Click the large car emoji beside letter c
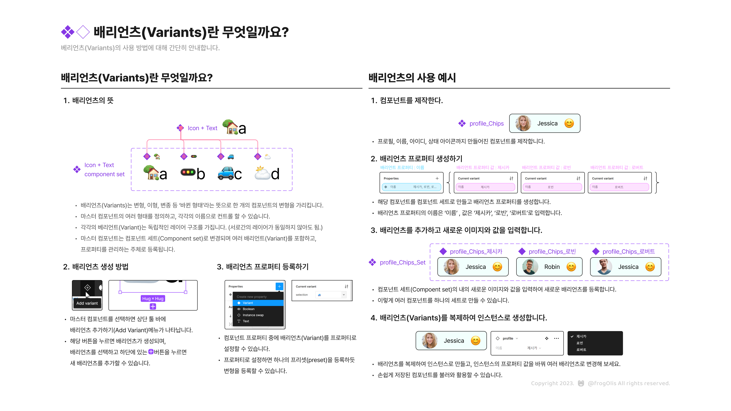pos(226,173)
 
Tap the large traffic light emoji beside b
pos(188,172)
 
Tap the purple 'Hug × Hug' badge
pos(153,298)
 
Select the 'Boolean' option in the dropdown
pos(249,309)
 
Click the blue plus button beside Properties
pos(279,287)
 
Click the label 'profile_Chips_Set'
pos(402,262)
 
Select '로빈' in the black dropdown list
pos(580,343)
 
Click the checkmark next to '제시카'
pos(572,336)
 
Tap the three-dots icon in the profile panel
pos(556,338)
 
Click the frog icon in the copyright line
pos(581,383)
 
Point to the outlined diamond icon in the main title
pos(83,32)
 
